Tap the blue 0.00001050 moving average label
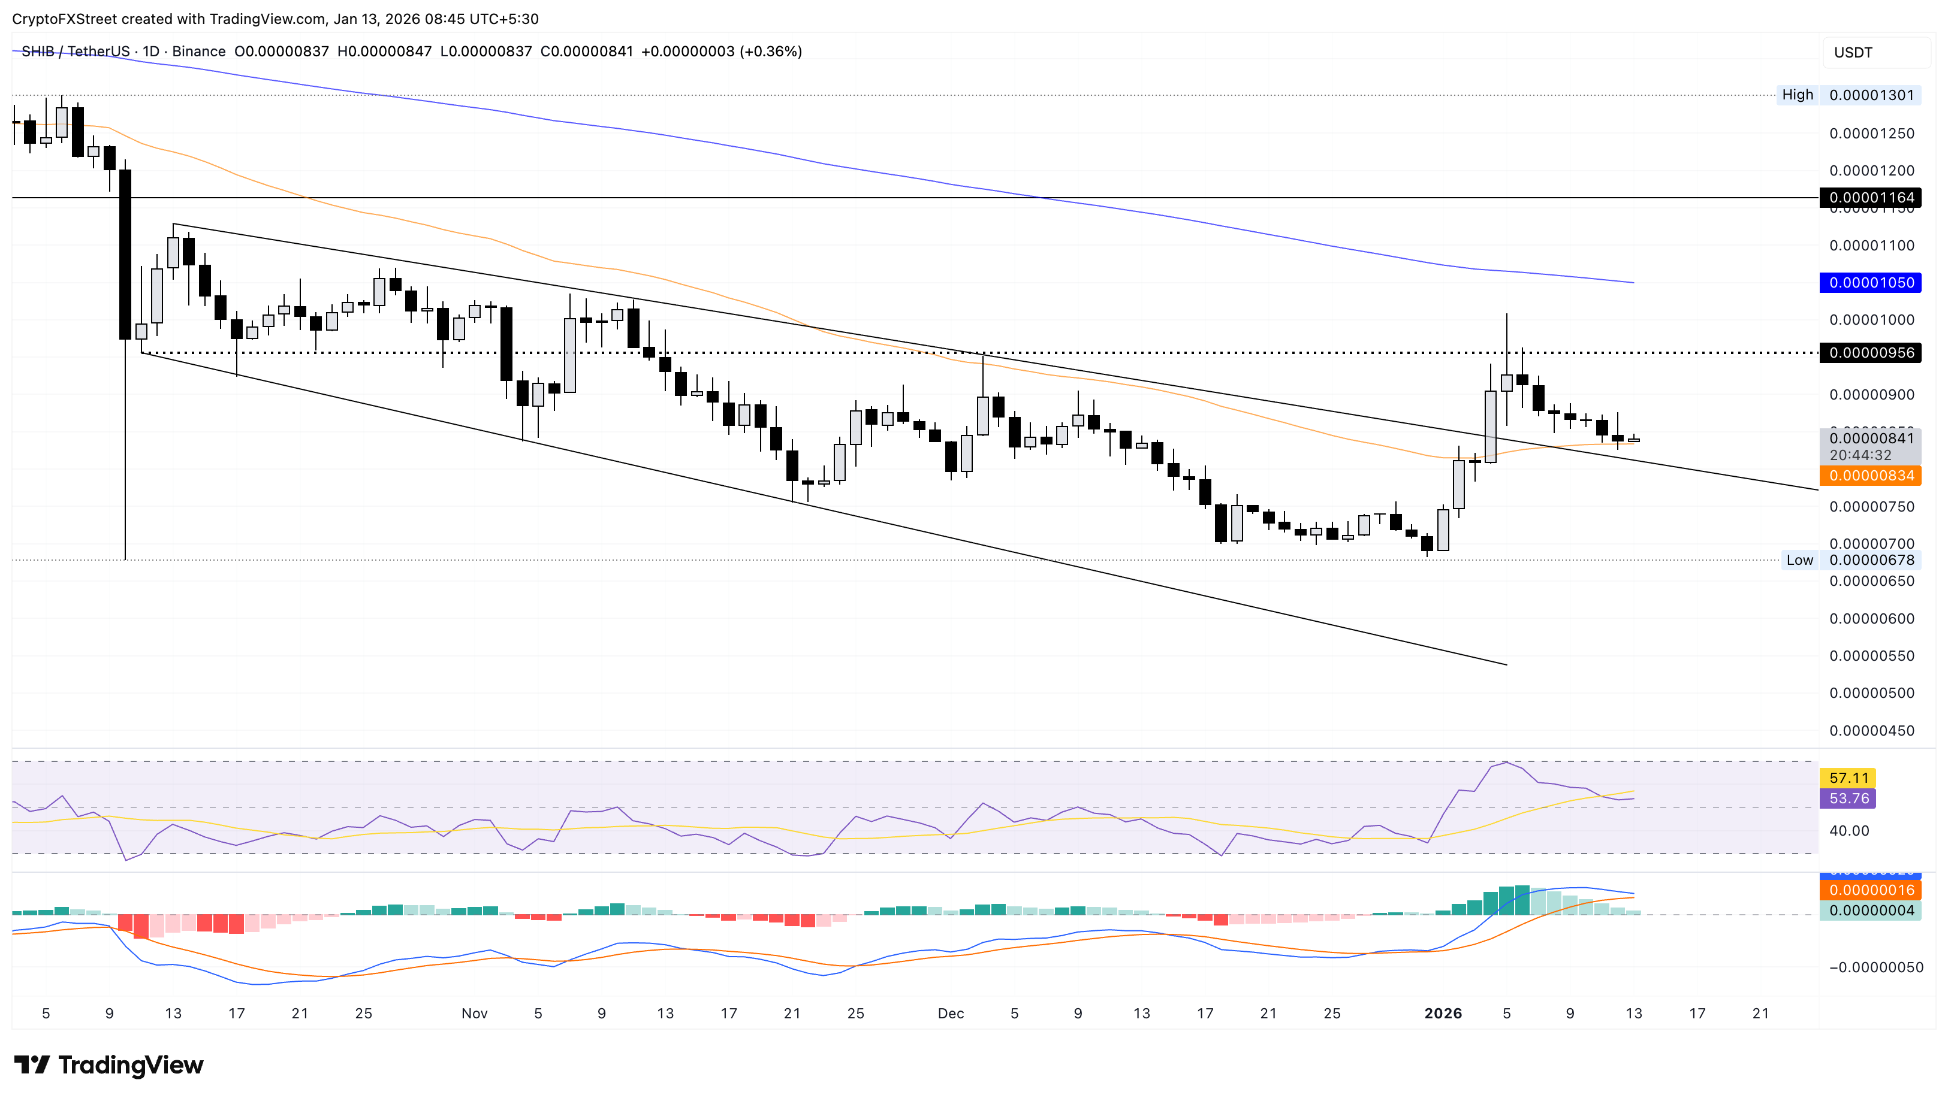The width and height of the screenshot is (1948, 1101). (1870, 283)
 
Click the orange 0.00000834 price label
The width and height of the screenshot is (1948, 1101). (1870, 476)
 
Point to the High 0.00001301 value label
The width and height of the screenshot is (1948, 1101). (1870, 95)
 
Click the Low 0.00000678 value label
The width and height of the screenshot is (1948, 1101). (1870, 560)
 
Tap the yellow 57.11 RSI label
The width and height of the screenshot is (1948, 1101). (1848, 778)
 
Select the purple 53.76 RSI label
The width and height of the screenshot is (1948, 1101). (1848, 798)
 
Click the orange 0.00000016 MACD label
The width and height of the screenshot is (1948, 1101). (1870, 890)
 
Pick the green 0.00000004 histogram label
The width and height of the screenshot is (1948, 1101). (1870, 911)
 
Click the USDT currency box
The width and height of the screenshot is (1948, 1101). (1853, 53)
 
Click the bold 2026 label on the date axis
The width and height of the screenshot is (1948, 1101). (1443, 1014)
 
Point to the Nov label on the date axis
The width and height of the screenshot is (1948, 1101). (474, 1014)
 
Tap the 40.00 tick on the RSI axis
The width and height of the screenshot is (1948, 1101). (1848, 831)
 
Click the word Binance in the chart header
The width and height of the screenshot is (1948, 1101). (198, 52)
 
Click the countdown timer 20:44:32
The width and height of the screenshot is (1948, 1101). (1860, 455)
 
